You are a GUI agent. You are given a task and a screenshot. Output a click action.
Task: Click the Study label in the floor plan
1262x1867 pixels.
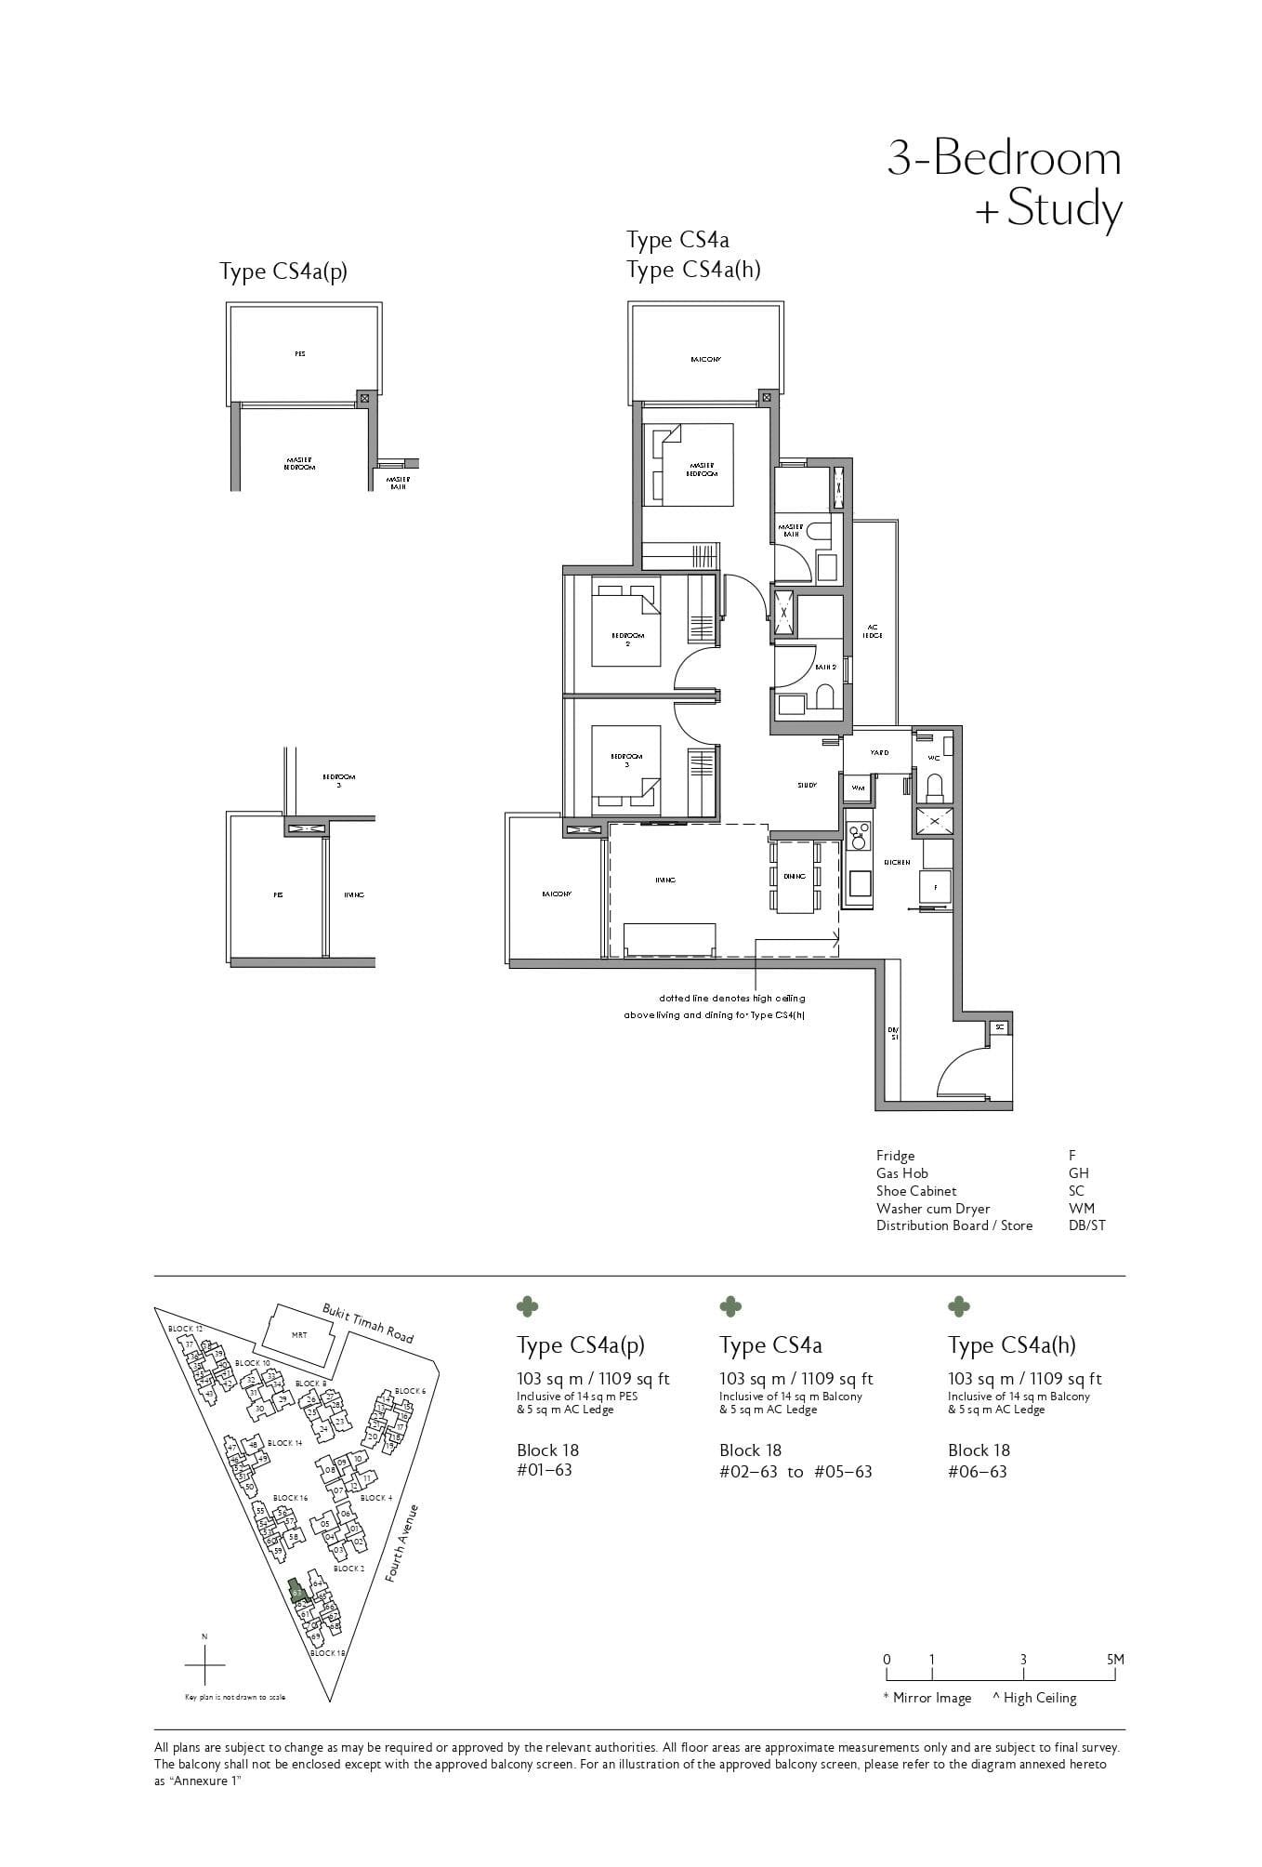807,785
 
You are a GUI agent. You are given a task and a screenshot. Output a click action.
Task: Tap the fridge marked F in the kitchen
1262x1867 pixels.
936,887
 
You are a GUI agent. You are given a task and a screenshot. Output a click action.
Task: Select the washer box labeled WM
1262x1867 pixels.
858,788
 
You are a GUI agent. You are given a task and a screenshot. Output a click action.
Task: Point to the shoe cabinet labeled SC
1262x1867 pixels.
999,1026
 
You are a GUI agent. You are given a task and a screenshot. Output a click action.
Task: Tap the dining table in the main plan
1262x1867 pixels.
795,876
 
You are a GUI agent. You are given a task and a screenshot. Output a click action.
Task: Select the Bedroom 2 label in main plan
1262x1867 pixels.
627,639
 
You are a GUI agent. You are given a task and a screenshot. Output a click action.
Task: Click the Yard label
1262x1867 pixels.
878,752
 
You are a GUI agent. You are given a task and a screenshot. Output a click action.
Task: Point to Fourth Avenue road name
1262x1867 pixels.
403,1543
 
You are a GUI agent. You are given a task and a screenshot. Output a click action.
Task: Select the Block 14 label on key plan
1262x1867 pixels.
284,1443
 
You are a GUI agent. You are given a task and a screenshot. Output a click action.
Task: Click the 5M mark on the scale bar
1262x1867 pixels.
1115,1660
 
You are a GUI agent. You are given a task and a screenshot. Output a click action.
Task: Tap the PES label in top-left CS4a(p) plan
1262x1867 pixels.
300,353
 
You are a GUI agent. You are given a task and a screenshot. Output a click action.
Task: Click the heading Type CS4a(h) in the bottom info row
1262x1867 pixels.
1011,1345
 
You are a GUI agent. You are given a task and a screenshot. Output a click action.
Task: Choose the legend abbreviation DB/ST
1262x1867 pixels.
1086,1225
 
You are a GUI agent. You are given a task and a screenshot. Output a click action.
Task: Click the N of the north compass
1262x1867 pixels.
204,1636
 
